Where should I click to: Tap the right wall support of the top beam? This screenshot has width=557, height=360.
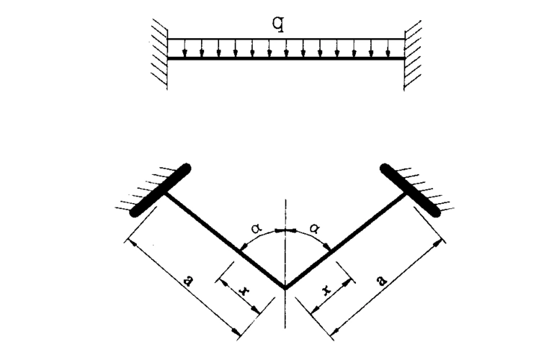pyautogui.click(x=413, y=49)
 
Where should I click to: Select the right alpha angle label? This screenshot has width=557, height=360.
pyautogui.click(x=315, y=228)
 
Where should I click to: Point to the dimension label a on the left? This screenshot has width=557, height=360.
pyautogui.click(x=188, y=282)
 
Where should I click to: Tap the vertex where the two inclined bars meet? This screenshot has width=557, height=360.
pyautogui.click(x=285, y=288)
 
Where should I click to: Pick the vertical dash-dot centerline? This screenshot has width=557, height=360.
pyautogui.click(x=285, y=216)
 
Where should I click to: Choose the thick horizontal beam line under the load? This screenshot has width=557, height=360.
pyautogui.click(x=286, y=58)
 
